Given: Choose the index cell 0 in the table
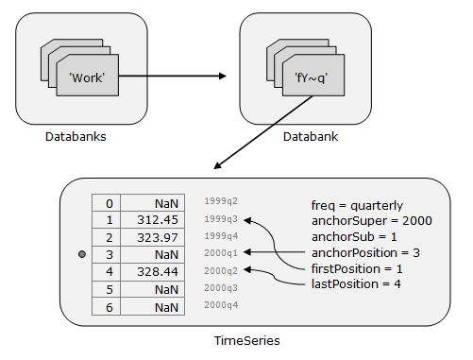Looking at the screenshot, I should click(110, 202).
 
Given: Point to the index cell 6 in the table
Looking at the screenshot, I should click(110, 307).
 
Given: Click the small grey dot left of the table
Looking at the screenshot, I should click(82, 255).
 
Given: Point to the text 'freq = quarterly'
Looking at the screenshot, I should click(357, 205).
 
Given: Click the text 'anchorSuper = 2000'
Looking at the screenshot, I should click(371, 220).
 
